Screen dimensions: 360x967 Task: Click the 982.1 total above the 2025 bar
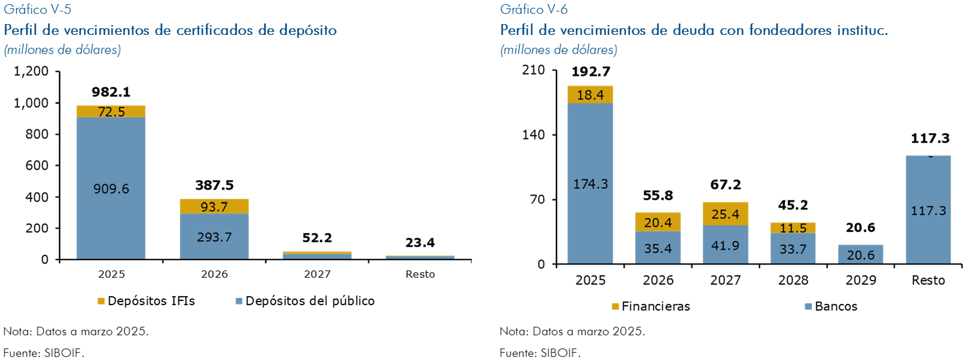[111, 92]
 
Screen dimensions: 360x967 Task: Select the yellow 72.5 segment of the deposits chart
[111, 111]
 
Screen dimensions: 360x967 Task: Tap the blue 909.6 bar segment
[111, 188]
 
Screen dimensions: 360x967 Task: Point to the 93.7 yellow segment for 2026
[214, 206]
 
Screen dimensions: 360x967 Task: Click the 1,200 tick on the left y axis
[31, 71]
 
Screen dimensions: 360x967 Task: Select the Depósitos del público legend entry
[305, 301]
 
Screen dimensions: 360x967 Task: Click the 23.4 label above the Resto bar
[420, 243]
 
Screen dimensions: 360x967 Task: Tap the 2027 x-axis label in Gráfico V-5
[317, 275]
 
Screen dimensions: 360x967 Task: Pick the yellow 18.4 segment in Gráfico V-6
[590, 95]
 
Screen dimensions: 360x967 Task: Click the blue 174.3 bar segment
[590, 184]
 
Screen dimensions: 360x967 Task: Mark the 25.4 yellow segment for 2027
[725, 214]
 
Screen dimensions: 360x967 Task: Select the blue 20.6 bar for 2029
[860, 255]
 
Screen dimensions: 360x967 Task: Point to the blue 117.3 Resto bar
[928, 210]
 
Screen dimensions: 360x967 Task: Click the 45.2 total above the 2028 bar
[793, 205]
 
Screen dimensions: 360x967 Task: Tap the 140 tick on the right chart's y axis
[533, 135]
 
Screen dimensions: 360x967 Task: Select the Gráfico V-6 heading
[534, 10]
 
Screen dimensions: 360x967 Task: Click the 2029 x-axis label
[860, 281]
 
